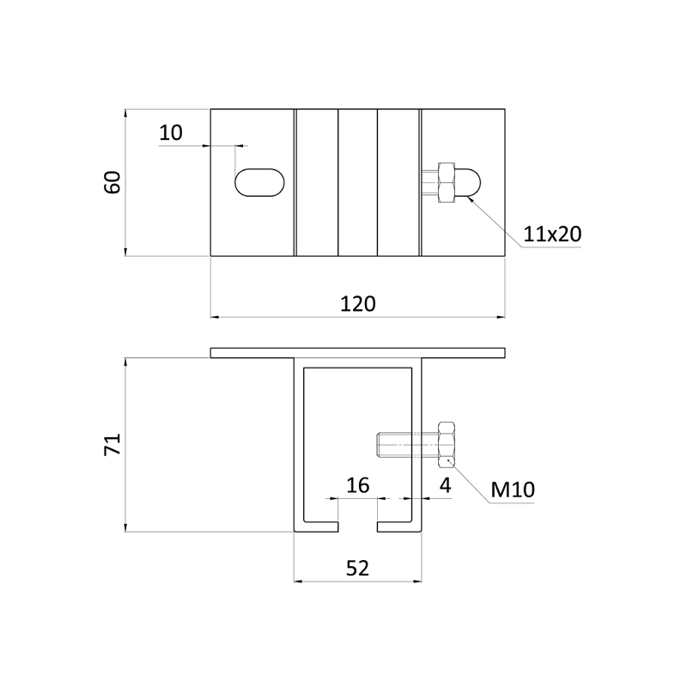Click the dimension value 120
[358, 303]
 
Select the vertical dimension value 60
[112, 182]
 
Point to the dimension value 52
[358, 567]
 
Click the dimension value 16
[357, 485]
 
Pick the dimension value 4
[445, 485]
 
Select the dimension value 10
[172, 132]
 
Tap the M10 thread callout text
[513, 490]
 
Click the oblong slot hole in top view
[259, 183]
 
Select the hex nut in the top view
[446, 183]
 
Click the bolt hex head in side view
[447, 444]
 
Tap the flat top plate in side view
[357, 352]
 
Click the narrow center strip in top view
[357, 183]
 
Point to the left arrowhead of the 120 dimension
[216, 317]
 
